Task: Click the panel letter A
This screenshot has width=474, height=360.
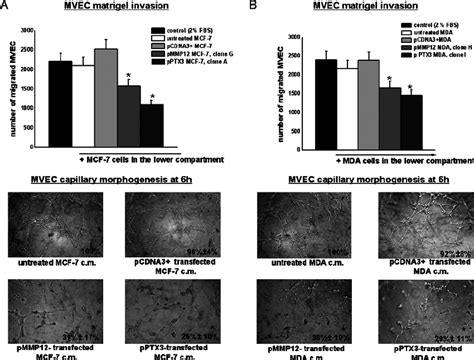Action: click(x=6, y=6)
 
